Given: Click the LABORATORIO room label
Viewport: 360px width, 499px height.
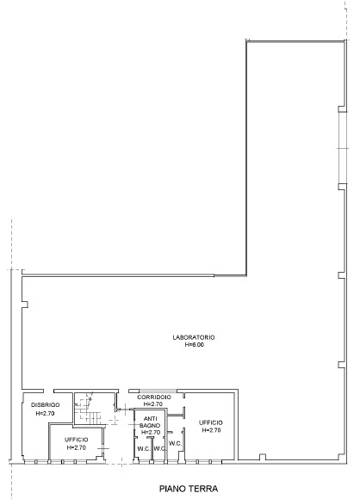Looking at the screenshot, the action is pyautogui.click(x=194, y=337).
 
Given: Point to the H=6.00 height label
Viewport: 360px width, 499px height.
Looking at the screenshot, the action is pyautogui.click(x=195, y=345).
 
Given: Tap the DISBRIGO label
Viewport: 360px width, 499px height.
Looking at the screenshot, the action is pyautogui.click(x=46, y=405).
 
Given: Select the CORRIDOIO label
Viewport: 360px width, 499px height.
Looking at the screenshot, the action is pyautogui.click(x=154, y=397).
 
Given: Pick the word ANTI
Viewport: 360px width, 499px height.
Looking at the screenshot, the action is pyautogui.click(x=151, y=419).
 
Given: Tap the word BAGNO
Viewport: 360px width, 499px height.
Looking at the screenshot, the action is pyautogui.click(x=150, y=426).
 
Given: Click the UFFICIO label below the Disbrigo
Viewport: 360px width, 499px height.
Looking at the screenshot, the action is pyautogui.click(x=77, y=440).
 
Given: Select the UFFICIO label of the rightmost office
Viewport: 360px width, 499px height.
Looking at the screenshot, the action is pyautogui.click(x=211, y=422).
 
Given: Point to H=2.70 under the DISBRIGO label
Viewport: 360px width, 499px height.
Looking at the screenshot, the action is pyautogui.click(x=46, y=413).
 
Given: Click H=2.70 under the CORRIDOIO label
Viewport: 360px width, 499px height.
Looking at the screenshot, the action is pyautogui.click(x=153, y=404).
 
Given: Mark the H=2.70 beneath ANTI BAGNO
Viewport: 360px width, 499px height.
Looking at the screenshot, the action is pyautogui.click(x=151, y=433).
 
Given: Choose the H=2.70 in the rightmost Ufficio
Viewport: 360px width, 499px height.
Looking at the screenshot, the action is pyautogui.click(x=211, y=430).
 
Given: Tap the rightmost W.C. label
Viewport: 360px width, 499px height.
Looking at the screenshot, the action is pyautogui.click(x=175, y=443).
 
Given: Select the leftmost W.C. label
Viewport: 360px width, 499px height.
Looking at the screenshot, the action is pyautogui.click(x=144, y=449).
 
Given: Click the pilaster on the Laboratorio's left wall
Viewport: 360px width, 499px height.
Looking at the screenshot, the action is pyautogui.click(x=25, y=305).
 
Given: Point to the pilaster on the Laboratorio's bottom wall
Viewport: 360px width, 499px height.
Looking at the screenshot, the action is pyautogui.click(x=263, y=457).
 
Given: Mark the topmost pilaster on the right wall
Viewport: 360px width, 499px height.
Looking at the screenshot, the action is pyautogui.click(x=342, y=109).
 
